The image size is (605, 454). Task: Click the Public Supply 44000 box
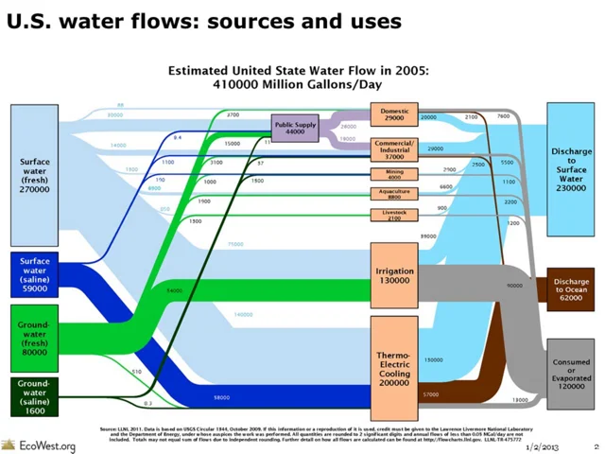[x=295, y=129]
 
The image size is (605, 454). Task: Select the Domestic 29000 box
[x=394, y=115]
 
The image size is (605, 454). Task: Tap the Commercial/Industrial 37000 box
[x=394, y=148]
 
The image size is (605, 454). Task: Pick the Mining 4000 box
[x=394, y=174]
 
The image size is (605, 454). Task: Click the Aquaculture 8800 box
[x=394, y=194]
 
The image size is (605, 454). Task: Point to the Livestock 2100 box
[x=394, y=216]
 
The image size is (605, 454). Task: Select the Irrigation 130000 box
[x=394, y=275]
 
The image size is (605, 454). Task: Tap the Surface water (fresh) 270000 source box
[x=35, y=175]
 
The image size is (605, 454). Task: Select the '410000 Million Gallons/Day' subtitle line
[x=298, y=84]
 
